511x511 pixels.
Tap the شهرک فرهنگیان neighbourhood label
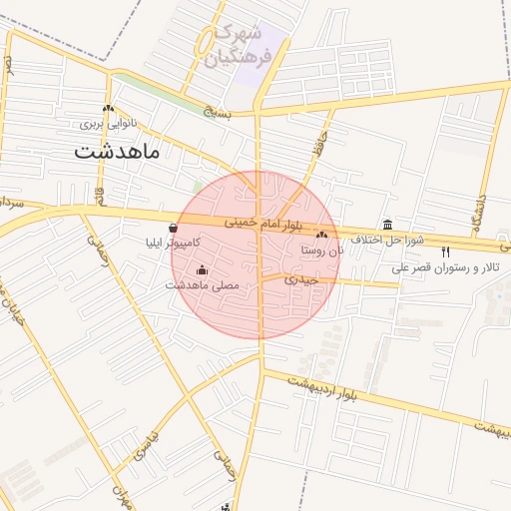click(x=246, y=46)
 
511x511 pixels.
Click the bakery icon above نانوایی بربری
click(x=108, y=109)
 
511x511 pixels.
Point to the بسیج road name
click(x=218, y=114)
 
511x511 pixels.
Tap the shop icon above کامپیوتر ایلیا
click(x=175, y=228)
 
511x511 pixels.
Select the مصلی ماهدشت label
click(x=203, y=285)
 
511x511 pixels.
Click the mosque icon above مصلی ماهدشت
click(x=203, y=269)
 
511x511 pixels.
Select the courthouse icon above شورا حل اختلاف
click(x=388, y=225)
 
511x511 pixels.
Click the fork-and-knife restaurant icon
click(x=445, y=252)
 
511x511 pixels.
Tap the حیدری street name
click(x=299, y=279)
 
